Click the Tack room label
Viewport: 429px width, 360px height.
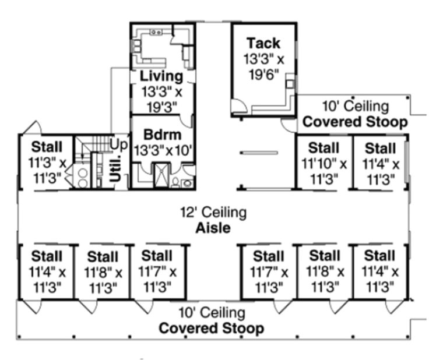(x=263, y=43)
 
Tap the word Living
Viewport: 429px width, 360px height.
(x=161, y=76)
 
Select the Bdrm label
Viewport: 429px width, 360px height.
(x=162, y=135)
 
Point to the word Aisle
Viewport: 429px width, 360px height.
(x=213, y=228)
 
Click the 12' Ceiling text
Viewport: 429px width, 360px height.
(x=213, y=212)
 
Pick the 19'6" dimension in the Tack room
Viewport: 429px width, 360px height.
(x=263, y=75)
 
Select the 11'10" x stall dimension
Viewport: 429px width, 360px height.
(x=324, y=164)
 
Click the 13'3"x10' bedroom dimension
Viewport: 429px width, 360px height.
(x=163, y=150)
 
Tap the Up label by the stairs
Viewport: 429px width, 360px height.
(x=119, y=144)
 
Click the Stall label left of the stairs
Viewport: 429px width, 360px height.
(x=47, y=147)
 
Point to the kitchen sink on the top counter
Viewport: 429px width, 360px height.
(x=156, y=32)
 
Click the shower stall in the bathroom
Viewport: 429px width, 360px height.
(x=161, y=175)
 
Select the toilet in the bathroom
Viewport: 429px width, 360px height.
(x=175, y=182)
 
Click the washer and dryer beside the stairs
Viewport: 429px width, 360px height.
(x=82, y=177)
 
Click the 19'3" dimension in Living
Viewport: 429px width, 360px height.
(x=161, y=107)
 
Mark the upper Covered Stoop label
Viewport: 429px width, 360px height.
(x=355, y=122)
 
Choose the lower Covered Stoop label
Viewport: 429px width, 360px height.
(x=212, y=328)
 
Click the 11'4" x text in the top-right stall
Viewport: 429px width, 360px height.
(x=381, y=164)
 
